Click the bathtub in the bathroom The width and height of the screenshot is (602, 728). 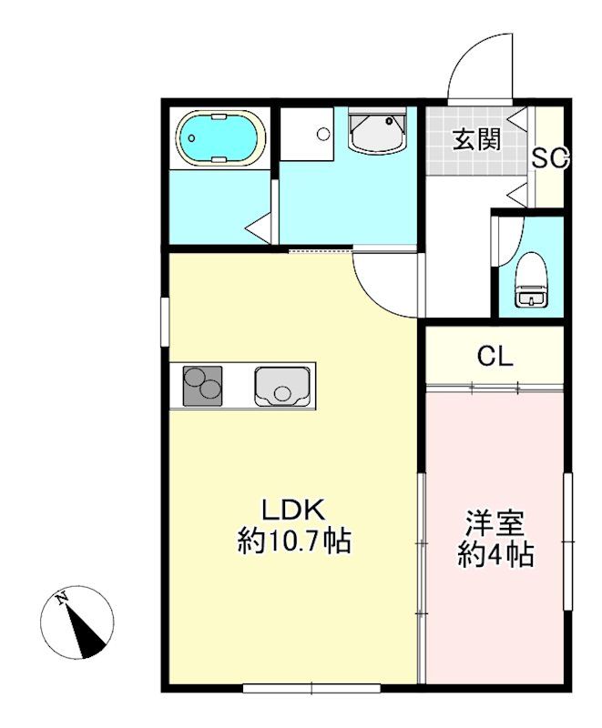click(x=220, y=138)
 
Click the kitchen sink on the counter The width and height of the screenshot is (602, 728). click(x=283, y=386)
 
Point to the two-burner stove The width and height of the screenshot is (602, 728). click(x=203, y=386)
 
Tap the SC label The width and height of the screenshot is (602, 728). click(x=550, y=158)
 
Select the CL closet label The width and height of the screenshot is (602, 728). click(x=495, y=356)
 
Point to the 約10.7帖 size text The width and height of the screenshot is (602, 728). click(x=294, y=542)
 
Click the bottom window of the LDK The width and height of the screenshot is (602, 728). click(x=311, y=688)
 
